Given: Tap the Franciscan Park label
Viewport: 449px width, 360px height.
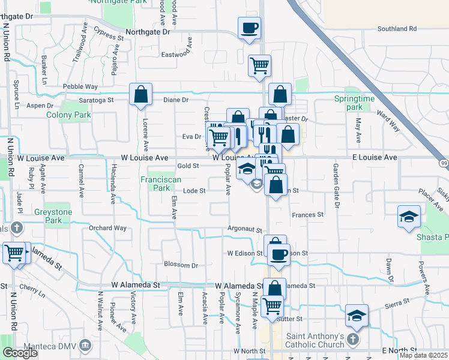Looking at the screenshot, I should pyautogui.click(x=155, y=184).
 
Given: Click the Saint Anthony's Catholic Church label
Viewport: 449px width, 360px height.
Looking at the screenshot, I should pyautogui.click(x=315, y=340).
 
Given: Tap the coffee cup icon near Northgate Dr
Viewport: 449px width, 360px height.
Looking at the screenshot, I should pyautogui.click(x=249, y=27).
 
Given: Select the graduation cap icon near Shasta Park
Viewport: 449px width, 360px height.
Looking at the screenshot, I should pyautogui.click(x=409, y=217).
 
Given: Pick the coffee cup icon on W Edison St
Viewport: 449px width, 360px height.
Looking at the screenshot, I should pyautogui.click(x=279, y=254).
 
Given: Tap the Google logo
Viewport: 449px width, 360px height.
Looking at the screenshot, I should pyautogui.click(x=20, y=353).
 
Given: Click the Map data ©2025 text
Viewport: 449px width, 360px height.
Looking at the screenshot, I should pyautogui.click(x=424, y=355).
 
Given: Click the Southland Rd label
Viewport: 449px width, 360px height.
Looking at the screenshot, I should pyautogui.click(x=397, y=28).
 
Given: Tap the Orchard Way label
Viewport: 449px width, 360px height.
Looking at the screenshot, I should pyautogui.click(x=108, y=228).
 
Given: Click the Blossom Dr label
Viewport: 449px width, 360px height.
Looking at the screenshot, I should pyautogui.click(x=181, y=265).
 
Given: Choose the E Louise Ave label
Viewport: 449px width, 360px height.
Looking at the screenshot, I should pyautogui.click(x=373, y=157).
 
